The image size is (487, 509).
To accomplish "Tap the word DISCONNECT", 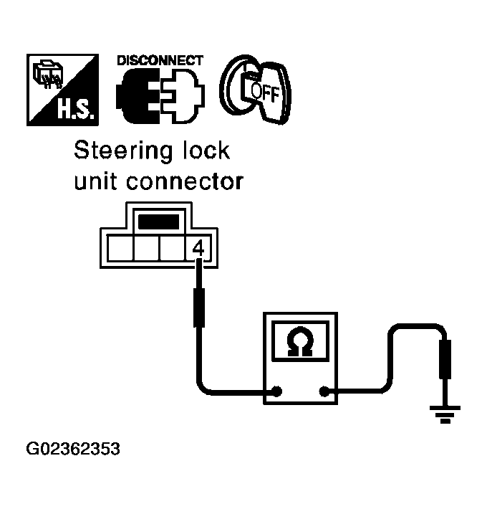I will pos(160,60).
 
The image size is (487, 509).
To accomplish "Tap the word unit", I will pos(97,181).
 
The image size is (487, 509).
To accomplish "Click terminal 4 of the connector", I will pos(198,248).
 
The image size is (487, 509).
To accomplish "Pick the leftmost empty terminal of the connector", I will pos(117,249).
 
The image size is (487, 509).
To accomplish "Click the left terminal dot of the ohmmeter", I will pos(276,392).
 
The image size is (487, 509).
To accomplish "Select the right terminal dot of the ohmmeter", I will pos(326,392).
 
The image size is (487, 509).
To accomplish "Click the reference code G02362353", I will pos(73,451).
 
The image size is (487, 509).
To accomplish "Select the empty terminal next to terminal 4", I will pos(171,249).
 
